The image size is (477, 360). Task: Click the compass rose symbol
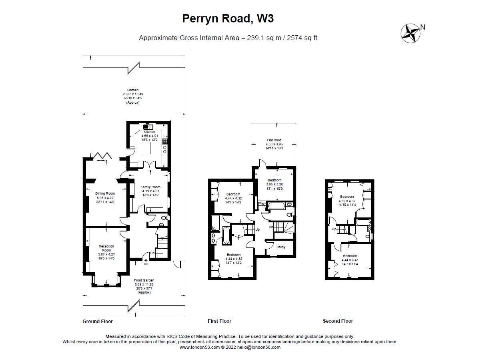[x=411, y=33]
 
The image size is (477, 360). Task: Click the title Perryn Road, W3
[x=228, y=18]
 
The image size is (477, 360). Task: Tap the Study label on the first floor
[x=281, y=247]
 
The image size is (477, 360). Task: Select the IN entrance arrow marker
[x=146, y=262]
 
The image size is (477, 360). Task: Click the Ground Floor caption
[x=98, y=321]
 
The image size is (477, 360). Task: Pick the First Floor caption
[x=219, y=321]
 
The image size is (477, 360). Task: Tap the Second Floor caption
[x=338, y=321]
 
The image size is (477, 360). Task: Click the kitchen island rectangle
[x=146, y=148]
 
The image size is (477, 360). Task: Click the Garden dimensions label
[x=132, y=97]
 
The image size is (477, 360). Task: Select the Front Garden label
[x=144, y=286]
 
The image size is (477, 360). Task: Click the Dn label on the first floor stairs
[x=271, y=227]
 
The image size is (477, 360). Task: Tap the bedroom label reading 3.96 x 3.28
[x=275, y=184]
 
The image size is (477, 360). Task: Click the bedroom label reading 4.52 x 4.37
[x=347, y=201]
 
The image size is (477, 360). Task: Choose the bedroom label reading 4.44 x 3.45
[x=350, y=260]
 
